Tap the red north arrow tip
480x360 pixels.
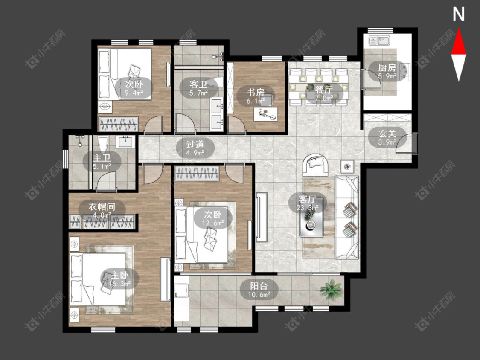(459, 29)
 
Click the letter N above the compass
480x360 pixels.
(459, 15)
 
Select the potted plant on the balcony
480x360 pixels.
(331, 289)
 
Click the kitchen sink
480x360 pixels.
(379, 40)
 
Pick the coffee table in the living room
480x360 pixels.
(311, 218)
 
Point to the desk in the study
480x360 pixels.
(266, 114)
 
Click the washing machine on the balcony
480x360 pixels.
(182, 290)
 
